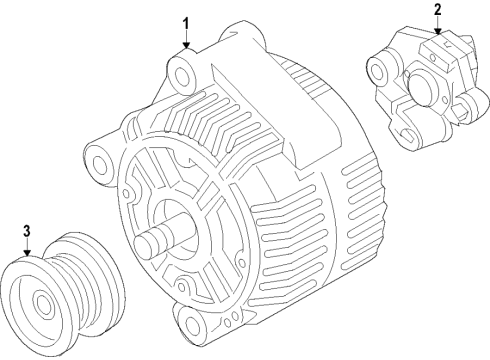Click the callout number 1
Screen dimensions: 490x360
[184, 22]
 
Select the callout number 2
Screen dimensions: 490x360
[437, 11]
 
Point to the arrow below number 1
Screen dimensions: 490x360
[185, 42]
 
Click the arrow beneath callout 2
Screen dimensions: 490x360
[437, 30]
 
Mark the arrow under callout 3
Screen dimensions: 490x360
[27, 250]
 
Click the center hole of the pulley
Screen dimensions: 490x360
[42, 302]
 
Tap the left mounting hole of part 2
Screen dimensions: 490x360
[377, 70]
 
